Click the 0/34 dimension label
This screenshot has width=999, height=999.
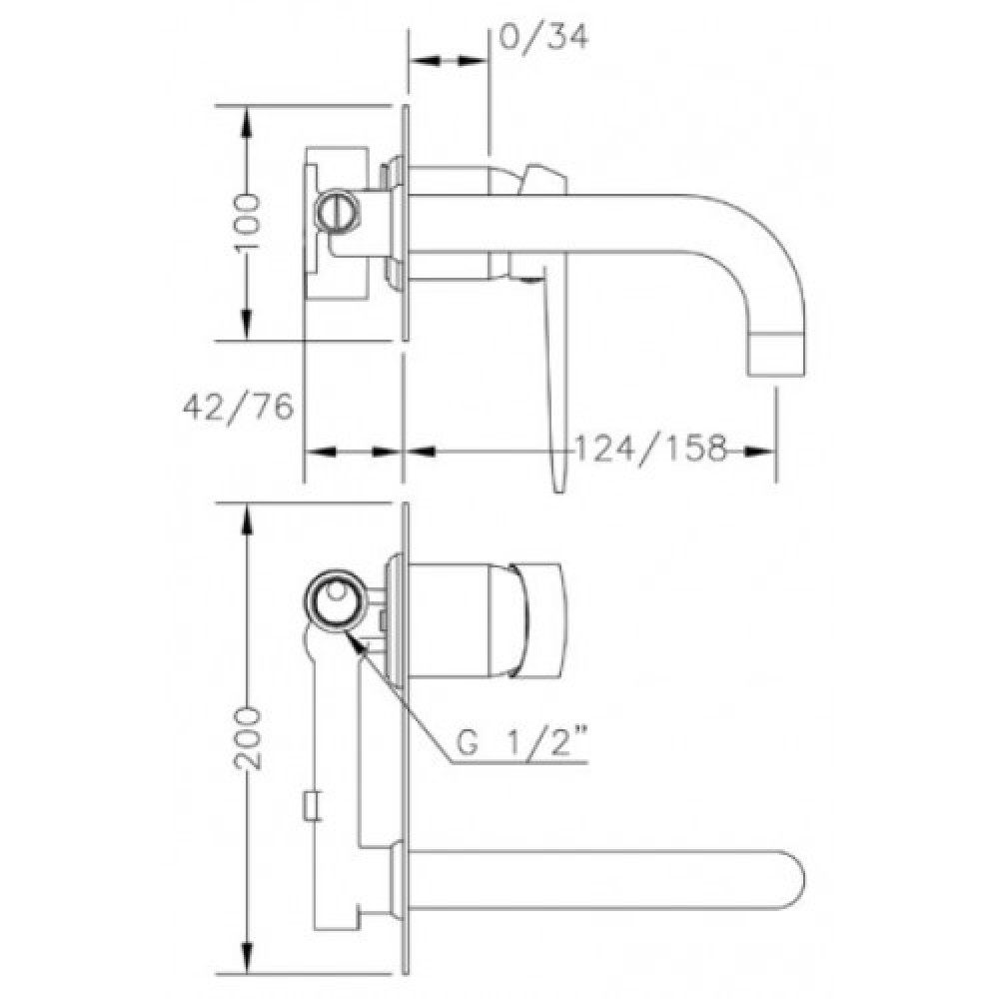pos(543,38)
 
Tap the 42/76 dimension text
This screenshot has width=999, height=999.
pos(239,407)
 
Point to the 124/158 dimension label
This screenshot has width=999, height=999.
pos(650,448)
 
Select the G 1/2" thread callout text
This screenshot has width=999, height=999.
pos(521,742)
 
